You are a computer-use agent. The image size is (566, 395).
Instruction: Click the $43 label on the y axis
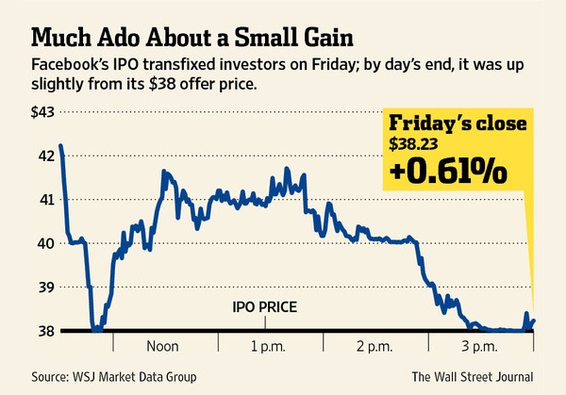coord(42,112)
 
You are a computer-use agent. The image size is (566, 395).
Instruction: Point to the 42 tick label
coord(45,156)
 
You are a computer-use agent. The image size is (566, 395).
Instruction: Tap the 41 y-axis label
coord(45,200)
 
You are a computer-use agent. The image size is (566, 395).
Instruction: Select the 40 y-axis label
coord(45,243)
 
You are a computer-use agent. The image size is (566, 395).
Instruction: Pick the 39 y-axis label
coord(45,288)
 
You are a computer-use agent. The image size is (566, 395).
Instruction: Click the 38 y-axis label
coord(45,331)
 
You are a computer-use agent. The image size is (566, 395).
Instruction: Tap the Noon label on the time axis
coord(165,346)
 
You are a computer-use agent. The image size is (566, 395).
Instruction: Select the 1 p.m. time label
coord(270,346)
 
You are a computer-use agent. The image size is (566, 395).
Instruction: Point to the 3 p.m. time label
coord(480,346)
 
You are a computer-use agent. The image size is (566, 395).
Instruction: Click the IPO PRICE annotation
coord(265,307)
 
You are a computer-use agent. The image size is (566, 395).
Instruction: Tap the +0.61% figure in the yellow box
coord(451,172)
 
